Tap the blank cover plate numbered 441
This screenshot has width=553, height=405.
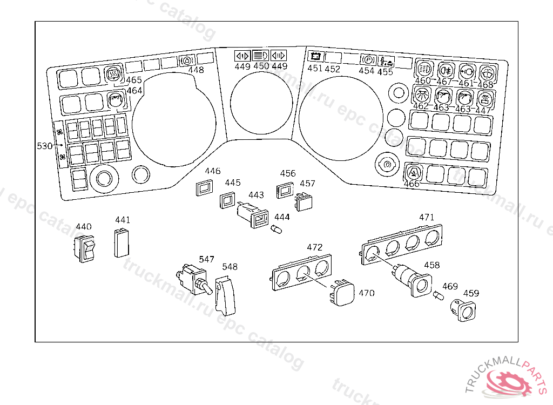click(x=121, y=243)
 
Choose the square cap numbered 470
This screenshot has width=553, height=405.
click(x=343, y=294)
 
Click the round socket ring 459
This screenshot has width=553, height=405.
click(x=464, y=310)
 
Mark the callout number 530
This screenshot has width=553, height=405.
click(x=44, y=146)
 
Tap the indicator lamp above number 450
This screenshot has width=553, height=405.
click(x=261, y=55)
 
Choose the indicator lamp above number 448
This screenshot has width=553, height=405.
click(x=186, y=60)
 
